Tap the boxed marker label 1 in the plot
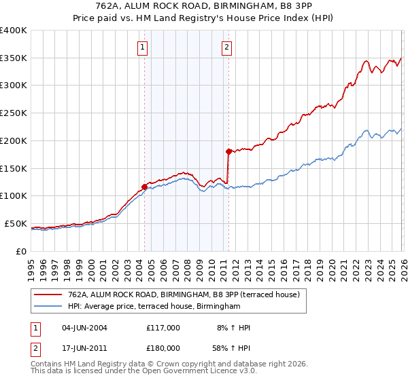[x=142, y=47]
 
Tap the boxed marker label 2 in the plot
[x=226, y=47]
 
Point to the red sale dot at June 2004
[x=144, y=187]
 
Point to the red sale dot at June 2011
[x=228, y=151]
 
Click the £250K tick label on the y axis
[x=14, y=113]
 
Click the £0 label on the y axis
[x=22, y=251]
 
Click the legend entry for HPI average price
[x=154, y=307]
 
